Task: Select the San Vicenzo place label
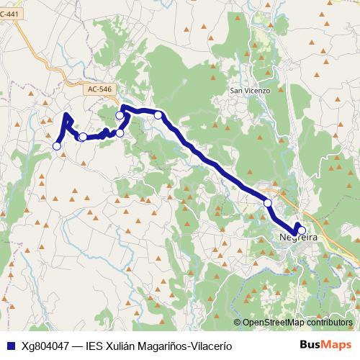click(x=249, y=91)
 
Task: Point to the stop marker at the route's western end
click(x=57, y=146)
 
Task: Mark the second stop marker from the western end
click(x=83, y=137)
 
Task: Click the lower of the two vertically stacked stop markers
click(x=120, y=132)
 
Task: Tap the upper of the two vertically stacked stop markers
click(x=120, y=115)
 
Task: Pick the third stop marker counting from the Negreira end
click(x=158, y=114)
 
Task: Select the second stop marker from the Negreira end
click(x=268, y=203)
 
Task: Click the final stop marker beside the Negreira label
click(x=302, y=230)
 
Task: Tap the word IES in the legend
click(x=94, y=345)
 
